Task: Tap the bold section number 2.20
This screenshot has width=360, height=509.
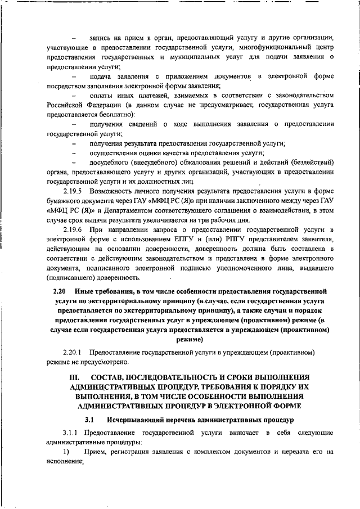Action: click(59, 292)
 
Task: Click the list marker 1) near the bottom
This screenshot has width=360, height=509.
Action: click(66, 452)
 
